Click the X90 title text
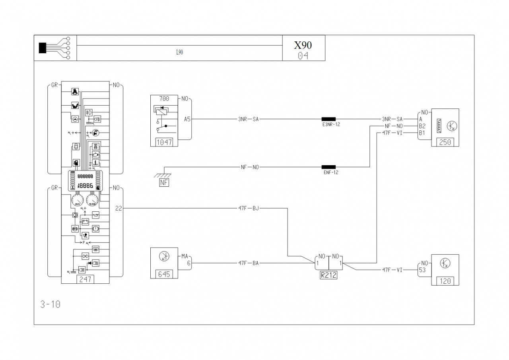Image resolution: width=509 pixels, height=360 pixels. (303, 45)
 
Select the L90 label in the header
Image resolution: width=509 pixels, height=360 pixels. (179, 52)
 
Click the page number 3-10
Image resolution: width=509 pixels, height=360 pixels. (51, 305)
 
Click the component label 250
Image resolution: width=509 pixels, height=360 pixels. (445, 142)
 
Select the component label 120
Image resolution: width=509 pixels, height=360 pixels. (445, 281)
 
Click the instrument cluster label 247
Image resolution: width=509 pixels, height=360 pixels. (85, 279)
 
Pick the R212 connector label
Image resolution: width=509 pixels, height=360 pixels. (328, 275)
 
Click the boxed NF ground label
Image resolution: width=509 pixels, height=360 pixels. (164, 182)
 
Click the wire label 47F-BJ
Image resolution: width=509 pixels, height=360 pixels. (249, 208)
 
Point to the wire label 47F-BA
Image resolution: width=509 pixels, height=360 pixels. (249, 263)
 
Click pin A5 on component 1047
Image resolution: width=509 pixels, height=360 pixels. (187, 119)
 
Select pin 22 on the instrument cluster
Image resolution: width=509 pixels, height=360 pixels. (118, 208)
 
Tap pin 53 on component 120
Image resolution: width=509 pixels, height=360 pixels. (422, 270)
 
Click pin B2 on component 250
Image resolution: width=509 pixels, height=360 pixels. (422, 126)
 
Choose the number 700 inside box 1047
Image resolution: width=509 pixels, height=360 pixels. (164, 98)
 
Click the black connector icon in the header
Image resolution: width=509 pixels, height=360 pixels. (43, 48)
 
